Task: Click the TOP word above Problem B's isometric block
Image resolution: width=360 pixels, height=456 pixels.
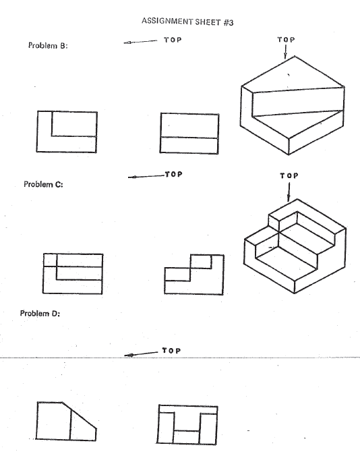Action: tap(287, 40)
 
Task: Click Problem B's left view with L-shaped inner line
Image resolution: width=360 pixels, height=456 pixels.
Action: tap(66, 132)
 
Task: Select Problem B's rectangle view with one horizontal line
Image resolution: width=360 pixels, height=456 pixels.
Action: tap(189, 132)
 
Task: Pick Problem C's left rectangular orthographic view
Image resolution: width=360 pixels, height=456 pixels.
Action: tap(73, 273)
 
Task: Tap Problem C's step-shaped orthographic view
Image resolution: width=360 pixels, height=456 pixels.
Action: tap(192, 273)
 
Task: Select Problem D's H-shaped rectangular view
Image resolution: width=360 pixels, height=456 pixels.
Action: tap(187, 424)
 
